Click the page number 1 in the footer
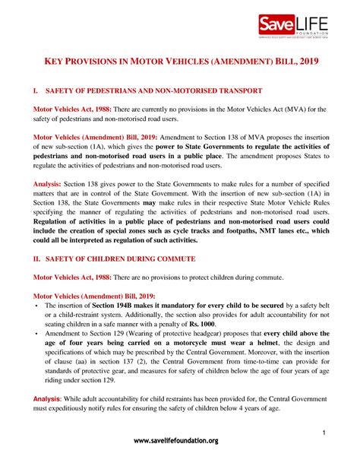tap(324, 433)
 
